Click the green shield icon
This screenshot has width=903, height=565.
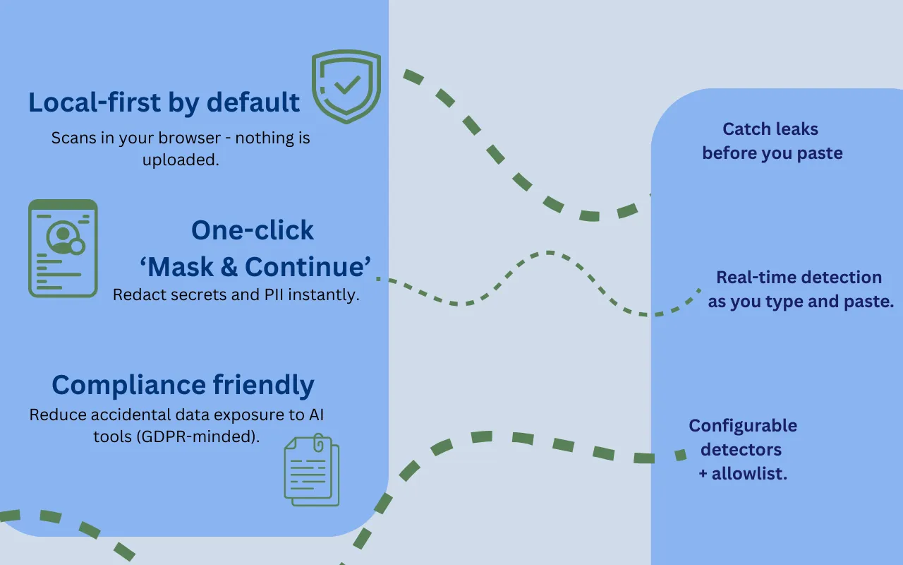(x=346, y=86)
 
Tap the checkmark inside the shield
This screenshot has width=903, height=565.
(x=347, y=85)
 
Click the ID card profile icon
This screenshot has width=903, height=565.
(x=63, y=248)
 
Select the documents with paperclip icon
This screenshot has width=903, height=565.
(x=312, y=470)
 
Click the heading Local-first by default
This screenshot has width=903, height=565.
(x=164, y=102)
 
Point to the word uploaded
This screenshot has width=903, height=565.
(x=181, y=160)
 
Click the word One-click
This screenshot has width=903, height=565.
(x=253, y=230)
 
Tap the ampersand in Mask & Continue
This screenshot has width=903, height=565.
(x=229, y=267)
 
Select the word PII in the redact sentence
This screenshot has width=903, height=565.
(x=274, y=295)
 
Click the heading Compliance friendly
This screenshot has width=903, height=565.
(x=183, y=385)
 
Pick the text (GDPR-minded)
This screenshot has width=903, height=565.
(x=198, y=436)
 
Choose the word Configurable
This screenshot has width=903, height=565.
(x=743, y=426)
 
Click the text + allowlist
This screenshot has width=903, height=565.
(x=743, y=473)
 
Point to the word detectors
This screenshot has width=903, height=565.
(x=741, y=450)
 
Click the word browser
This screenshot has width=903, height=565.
(x=189, y=138)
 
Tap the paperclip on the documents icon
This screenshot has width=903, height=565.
(x=318, y=443)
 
